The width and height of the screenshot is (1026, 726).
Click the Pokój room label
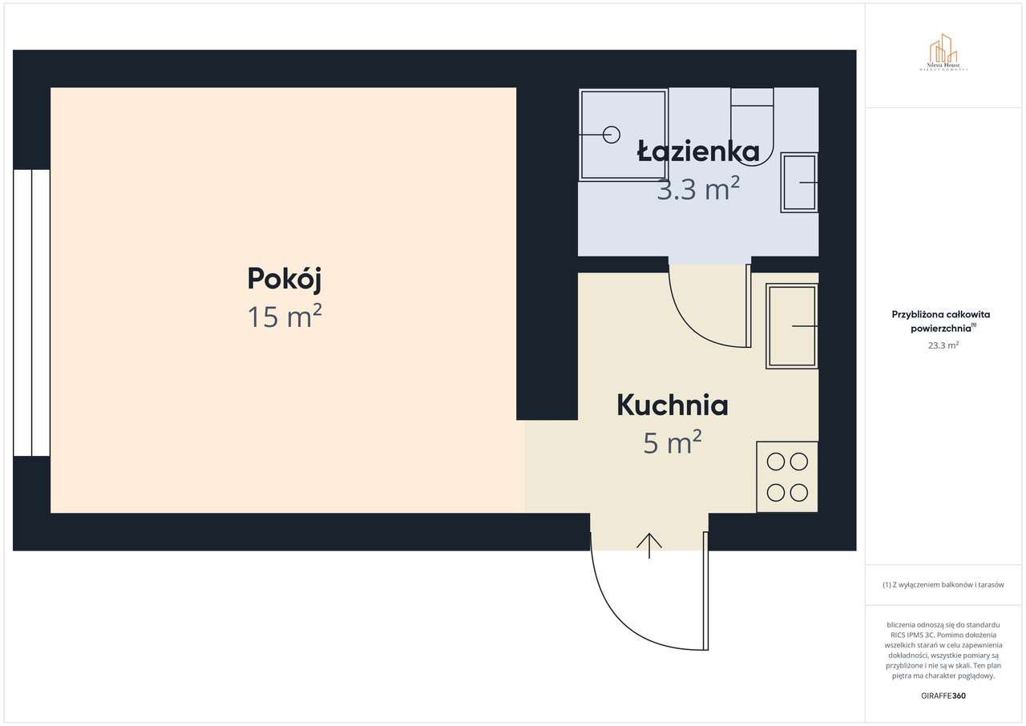[285, 279]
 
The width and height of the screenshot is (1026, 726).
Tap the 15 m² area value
[285, 317]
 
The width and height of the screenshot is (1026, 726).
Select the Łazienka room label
[698, 151]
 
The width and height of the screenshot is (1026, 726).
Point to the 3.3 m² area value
[698, 190]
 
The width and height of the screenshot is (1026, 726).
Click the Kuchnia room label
[673, 405]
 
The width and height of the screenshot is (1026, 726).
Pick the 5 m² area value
[673, 442]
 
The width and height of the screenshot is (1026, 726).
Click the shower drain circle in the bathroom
[612, 135]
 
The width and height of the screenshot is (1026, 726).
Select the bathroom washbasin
[799, 183]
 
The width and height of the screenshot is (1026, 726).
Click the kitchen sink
[792, 326]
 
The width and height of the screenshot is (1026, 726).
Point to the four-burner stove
[787, 477]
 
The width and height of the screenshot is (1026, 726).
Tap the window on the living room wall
[32, 313]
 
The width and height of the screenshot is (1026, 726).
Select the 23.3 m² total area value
[943, 345]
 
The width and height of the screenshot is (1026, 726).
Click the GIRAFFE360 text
[943, 696]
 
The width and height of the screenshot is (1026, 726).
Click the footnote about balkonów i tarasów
[943, 585]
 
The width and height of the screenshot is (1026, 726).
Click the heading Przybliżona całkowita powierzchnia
[941, 321]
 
